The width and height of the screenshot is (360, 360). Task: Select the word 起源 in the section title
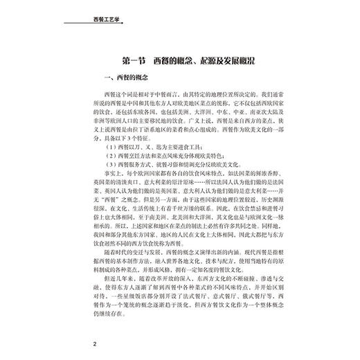[x=196, y=57]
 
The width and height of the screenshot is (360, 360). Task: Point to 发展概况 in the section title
[x=240, y=57]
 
